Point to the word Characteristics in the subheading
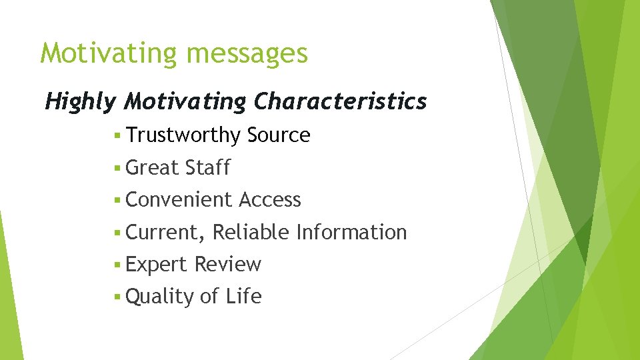[340, 101]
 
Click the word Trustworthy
[183, 135]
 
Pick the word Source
[278, 135]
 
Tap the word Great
[152, 167]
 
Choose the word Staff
[207, 167]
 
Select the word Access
[269, 199]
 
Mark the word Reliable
[251, 232]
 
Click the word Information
[351, 232]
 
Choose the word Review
[227, 265]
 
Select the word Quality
[159, 297]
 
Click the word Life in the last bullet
[243, 297]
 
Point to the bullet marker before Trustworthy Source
[117, 136]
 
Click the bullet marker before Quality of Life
[117, 297]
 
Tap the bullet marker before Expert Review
[117, 265]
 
